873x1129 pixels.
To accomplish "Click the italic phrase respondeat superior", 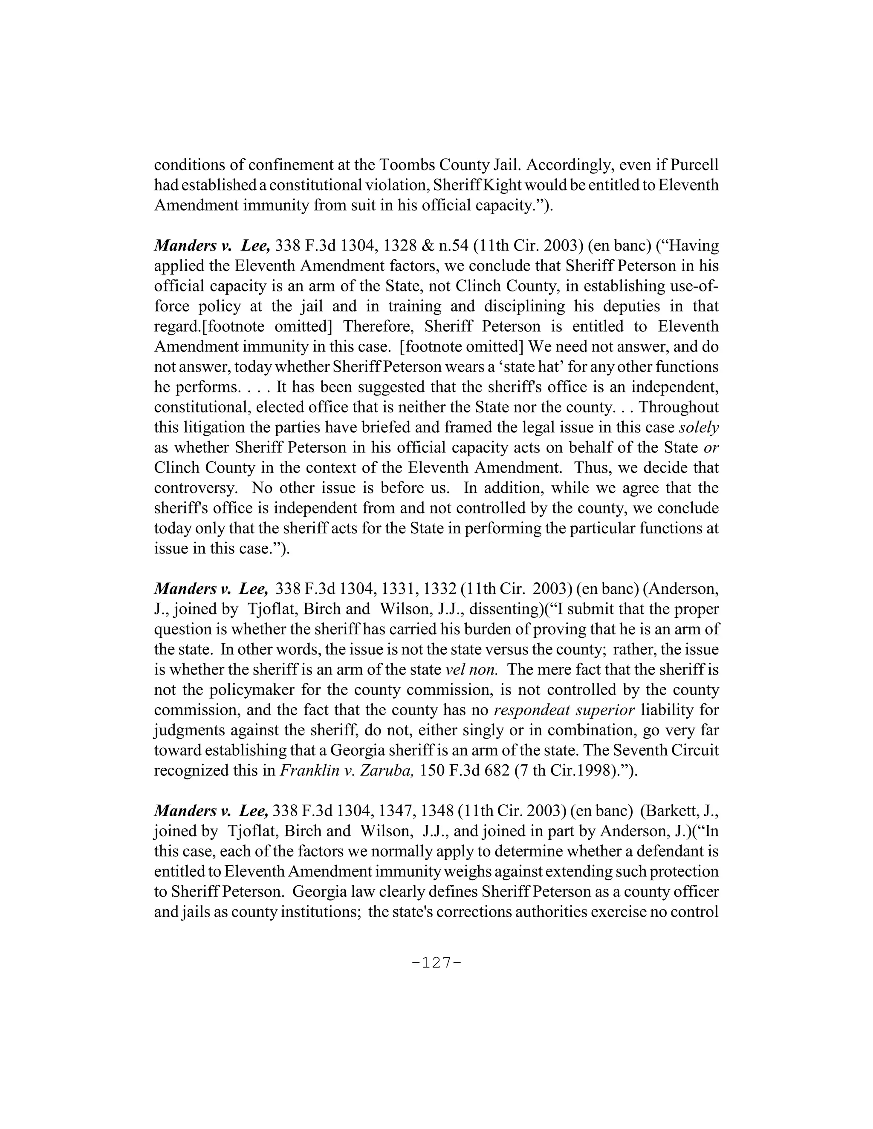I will click(564, 710).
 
